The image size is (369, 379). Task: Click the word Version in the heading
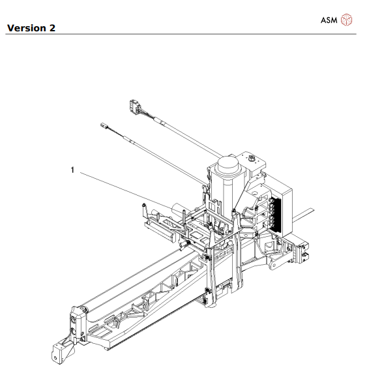point(27,28)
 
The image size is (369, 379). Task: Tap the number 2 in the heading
point(52,28)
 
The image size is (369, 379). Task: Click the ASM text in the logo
point(329,20)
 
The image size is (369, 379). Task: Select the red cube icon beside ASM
point(346,20)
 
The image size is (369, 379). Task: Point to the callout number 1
point(72,170)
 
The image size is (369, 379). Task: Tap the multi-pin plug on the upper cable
point(134,105)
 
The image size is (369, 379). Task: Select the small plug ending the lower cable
point(103,125)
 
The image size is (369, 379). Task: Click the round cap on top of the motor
point(228,162)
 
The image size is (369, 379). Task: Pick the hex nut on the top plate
point(252,158)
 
